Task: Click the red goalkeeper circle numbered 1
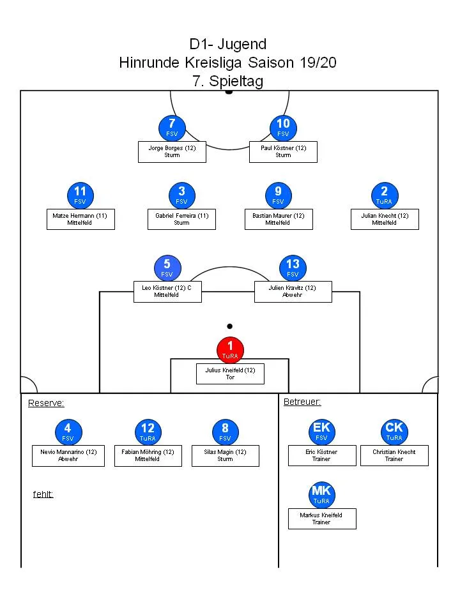(230, 350)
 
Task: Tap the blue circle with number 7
(172, 128)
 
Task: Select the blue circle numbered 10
(283, 128)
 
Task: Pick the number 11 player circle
(80, 195)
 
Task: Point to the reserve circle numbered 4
(68, 432)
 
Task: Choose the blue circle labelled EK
(321, 432)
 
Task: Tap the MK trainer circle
(321, 495)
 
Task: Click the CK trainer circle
(394, 432)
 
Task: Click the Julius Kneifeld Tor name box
(230, 374)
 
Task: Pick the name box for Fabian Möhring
(148, 455)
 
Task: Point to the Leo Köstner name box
(167, 291)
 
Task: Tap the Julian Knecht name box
(385, 219)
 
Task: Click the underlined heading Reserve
(46, 403)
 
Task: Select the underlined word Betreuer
(302, 402)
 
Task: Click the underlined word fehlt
(43, 494)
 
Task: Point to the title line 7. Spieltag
(227, 81)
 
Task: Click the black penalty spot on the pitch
(230, 326)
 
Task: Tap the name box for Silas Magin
(225, 455)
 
